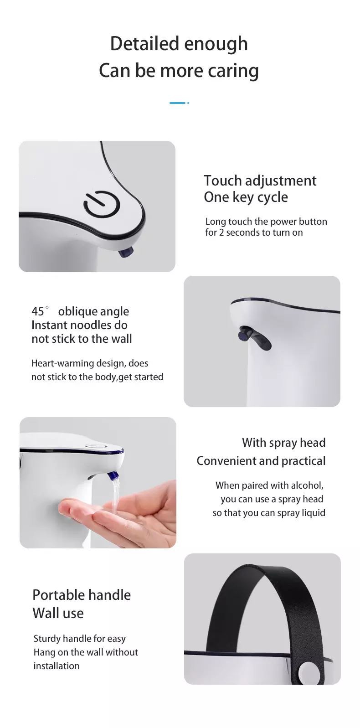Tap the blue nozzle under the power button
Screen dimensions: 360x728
126,252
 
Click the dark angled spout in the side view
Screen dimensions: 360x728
254,338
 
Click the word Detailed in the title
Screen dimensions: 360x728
145,44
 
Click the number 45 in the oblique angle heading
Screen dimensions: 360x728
38,311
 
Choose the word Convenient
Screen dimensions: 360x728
220,461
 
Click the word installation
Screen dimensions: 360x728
57,666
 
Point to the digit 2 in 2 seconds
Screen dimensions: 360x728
221,232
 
